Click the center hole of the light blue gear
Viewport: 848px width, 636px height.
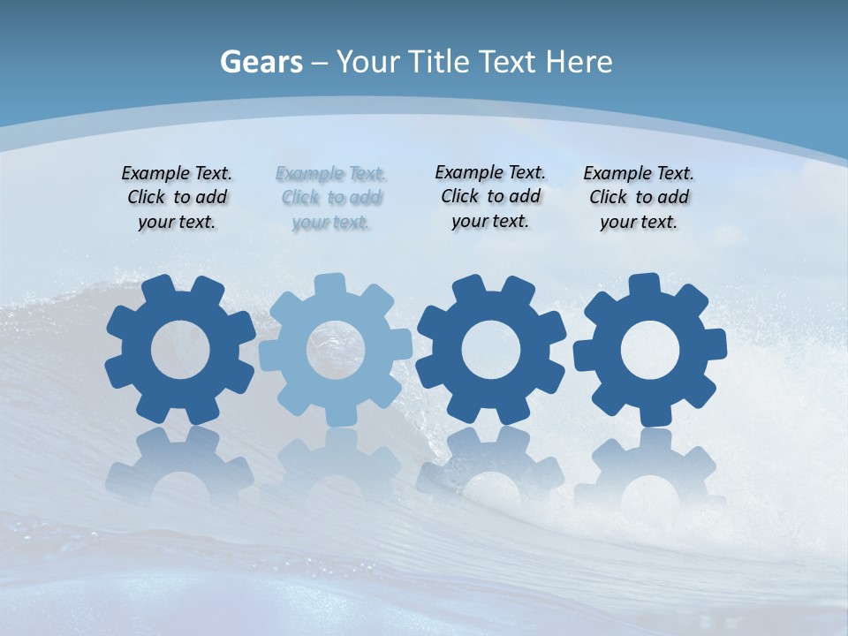(x=335, y=350)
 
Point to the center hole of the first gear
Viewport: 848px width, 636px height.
(x=180, y=350)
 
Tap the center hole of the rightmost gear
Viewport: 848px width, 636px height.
(x=650, y=350)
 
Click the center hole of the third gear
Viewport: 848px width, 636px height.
(x=490, y=350)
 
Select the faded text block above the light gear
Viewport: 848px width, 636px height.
(x=331, y=198)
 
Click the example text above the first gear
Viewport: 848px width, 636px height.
(x=177, y=198)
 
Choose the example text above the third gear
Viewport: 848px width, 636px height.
(x=490, y=196)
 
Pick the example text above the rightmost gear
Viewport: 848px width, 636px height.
(x=639, y=198)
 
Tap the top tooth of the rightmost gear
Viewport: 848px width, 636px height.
(x=644, y=285)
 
